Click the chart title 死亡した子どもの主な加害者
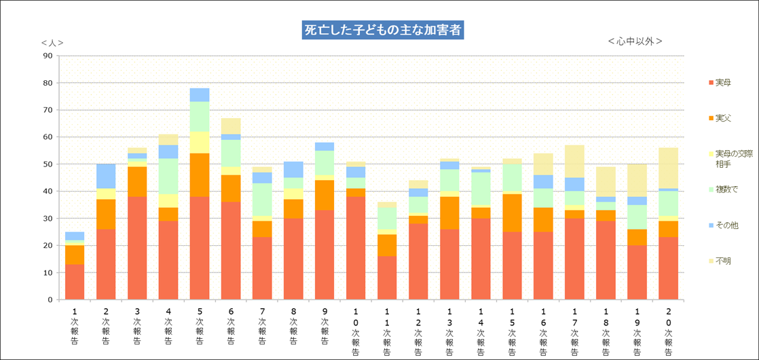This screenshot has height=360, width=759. coord(383,31)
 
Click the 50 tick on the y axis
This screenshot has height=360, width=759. coord(48,164)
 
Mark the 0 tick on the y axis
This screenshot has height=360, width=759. coord(50,300)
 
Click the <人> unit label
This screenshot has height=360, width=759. coord(52,42)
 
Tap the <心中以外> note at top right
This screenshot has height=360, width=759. coord(635,41)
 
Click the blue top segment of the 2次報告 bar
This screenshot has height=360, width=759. coord(106,176)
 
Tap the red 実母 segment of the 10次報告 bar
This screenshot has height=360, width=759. coord(356,248)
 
